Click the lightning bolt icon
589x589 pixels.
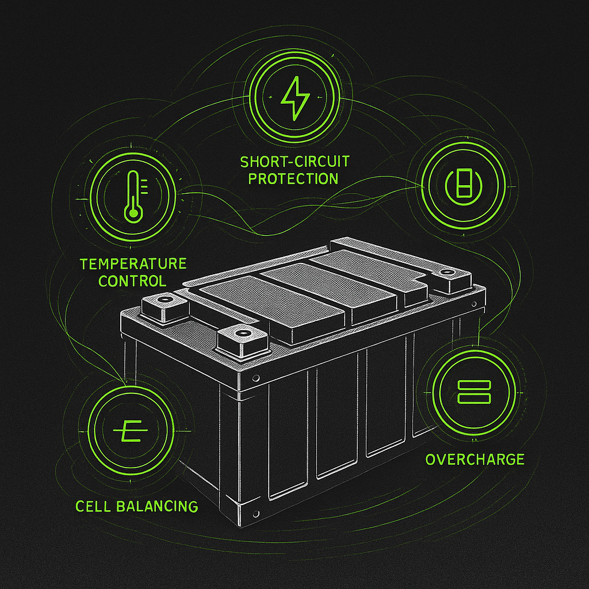coord(295,98)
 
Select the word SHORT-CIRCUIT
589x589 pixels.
coord(294,162)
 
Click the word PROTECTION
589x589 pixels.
coord(293,179)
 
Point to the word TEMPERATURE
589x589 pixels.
coord(133,263)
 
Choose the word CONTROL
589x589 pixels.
coord(132,281)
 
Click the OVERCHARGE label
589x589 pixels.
coord(475,460)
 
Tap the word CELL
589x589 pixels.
coord(94,506)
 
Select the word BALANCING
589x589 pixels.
coord(157,506)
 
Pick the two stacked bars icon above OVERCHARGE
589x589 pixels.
coord(474,392)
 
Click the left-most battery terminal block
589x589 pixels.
coord(165,308)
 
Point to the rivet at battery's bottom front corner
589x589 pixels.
coord(256,514)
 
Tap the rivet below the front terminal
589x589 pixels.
coord(256,378)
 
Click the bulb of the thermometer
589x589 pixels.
coord(132,215)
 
